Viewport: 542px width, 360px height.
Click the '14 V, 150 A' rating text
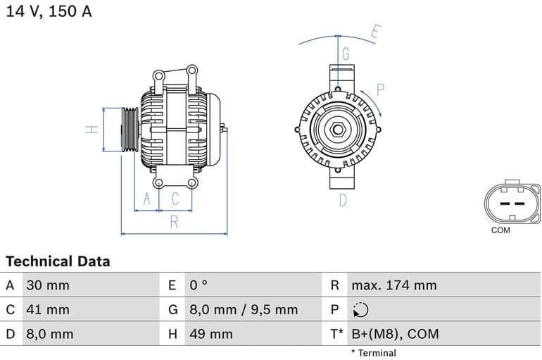(49, 12)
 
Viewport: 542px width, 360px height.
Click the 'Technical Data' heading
(58, 261)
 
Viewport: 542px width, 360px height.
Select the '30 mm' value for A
(48, 285)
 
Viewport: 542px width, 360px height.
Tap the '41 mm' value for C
(48, 309)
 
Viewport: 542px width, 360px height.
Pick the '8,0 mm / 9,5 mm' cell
(244, 309)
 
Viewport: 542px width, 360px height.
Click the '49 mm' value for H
(210, 334)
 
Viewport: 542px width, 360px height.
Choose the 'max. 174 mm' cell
(394, 285)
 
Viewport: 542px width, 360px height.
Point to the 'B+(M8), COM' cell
(394, 334)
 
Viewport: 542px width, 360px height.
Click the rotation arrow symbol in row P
(360, 310)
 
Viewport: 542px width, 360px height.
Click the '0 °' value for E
(198, 285)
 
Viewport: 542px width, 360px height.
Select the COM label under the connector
(500, 230)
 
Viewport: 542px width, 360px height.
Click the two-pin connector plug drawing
(512, 203)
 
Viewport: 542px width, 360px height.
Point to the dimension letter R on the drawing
(173, 223)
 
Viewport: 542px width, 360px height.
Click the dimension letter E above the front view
(375, 32)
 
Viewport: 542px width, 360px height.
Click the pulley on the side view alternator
(130, 130)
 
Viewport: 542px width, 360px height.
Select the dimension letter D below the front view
(343, 200)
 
